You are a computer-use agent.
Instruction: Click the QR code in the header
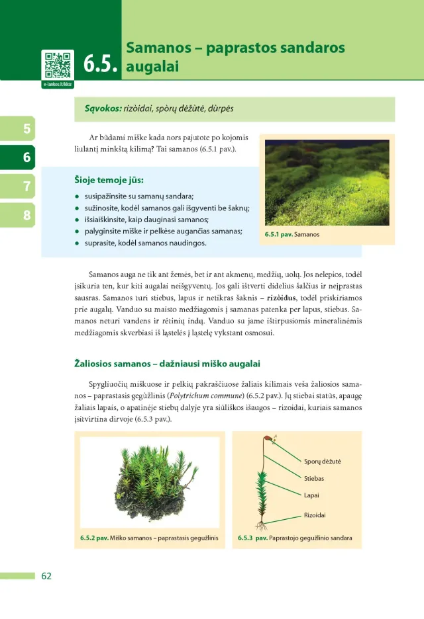coord(58,65)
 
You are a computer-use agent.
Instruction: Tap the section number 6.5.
coord(101,64)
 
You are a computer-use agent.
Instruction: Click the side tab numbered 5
coord(26,128)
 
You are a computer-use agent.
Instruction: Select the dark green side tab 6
coord(26,157)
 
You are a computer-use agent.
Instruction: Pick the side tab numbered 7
coord(26,186)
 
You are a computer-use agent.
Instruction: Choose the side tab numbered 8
coord(26,215)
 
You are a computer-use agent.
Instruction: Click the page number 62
coord(46,576)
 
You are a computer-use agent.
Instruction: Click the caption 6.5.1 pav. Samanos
coord(291,235)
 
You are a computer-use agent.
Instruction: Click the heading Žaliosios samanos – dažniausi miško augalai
coord(167,364)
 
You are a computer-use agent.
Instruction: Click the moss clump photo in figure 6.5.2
coord(150,481)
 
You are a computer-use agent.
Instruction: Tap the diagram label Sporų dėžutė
coord(322,461)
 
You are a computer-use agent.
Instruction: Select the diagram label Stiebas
coord(314,478)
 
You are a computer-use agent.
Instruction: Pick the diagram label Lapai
coord(311,495)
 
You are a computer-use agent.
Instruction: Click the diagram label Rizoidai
coord(315,515)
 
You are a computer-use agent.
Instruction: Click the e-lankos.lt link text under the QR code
coord(58,85)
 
